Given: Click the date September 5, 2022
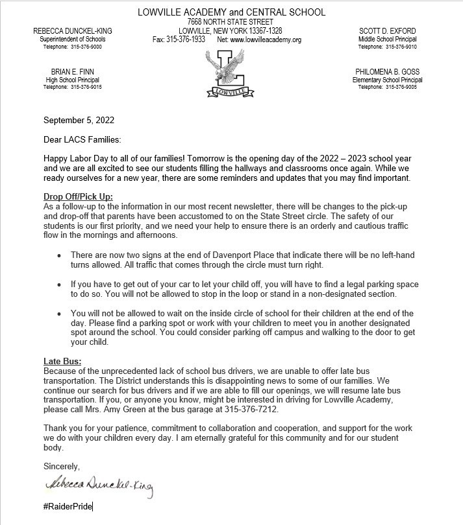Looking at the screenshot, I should pyautogui.click(x=79, y=120).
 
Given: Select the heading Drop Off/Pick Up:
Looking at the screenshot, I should pyautogui.click(x=78, y=198).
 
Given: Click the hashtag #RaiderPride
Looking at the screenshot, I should pyautogui.click(x=68, y=506).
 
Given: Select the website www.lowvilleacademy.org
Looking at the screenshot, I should pyautogui.click(x=266, y=40).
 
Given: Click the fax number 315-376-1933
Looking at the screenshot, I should pyautogui.click(x=187, y=40).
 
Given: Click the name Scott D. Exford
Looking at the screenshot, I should pyautogui.click(x=387, y=31).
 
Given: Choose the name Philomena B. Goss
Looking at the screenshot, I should pyautogui.click(x=388, y=71).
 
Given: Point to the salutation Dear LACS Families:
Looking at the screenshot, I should pyautogui.click(x=82, y=139).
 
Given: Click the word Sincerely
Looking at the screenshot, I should pyautogui.click(x=62, y=466).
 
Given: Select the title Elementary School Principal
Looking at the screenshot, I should pyautogui.click(x=388, y=80).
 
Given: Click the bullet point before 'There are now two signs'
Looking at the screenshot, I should pyautogui.click(x=60, y=256).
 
